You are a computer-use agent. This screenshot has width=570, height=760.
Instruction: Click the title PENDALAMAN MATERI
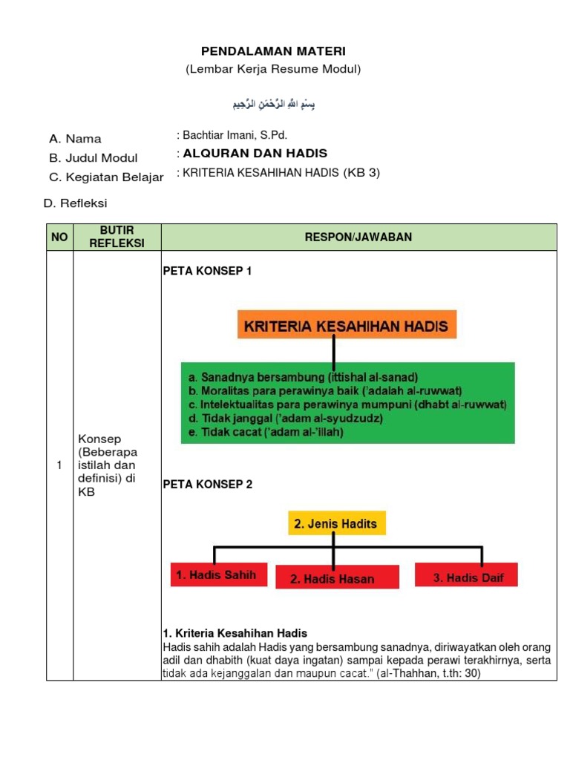tap(273, 51)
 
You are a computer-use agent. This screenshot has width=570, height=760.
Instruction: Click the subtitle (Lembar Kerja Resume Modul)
tap(273, 69)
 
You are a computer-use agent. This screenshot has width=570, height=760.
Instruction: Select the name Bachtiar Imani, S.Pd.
tap(232, 135)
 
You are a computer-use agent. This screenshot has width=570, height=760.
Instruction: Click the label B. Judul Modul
tap(93, 157)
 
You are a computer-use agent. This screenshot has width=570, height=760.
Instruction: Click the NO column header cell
tap(59, 237)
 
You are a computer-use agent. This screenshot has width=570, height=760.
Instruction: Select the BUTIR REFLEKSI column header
tap(117, 237)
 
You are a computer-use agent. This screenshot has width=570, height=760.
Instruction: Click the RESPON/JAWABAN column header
tap(358, 237)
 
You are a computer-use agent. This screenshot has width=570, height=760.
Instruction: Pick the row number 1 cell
tap(59, 465)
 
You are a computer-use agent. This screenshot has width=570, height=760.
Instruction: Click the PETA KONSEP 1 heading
tap(207, 272)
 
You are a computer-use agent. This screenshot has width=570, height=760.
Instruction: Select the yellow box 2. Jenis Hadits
tap(335, 523)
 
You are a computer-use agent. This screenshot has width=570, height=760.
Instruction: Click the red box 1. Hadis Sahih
tap(219, 574)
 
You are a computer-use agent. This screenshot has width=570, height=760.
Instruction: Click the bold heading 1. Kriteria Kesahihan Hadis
tap(235, 633)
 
